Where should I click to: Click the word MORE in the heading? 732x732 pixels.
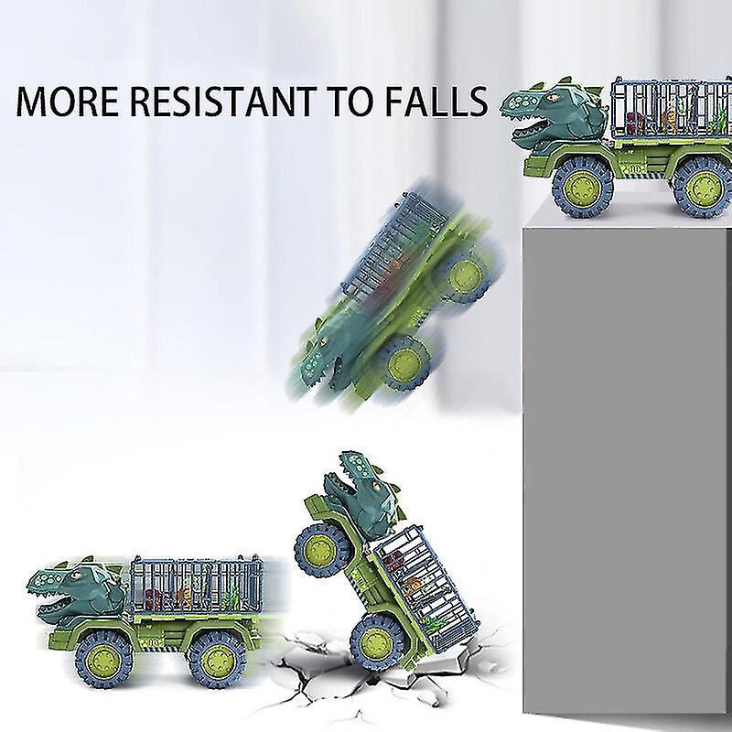(x=68, y=102)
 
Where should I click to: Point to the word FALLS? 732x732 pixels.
(x=437, y=102)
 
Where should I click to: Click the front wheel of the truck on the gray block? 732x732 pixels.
(x=582, y=187)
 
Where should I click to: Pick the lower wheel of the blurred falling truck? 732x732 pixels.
(x=403, y=362)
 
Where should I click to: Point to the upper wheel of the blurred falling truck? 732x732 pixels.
(x=465, y=275)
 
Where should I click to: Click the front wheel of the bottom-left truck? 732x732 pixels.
(x=103, y=659)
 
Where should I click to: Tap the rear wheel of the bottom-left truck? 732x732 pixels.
(x=218, y=659)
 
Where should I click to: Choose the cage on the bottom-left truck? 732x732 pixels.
(x=196, y=585)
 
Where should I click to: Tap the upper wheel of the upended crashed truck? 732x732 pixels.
(x=322, y=551)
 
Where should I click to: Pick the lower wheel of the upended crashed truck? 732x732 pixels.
(x=378, y=642)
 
